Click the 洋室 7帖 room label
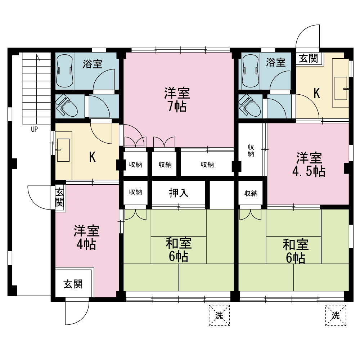pos(177,100)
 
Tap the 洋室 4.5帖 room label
pos(309,165)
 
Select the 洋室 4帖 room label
pos(86,237)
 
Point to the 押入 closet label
pos(179,193)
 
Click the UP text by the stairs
pos(34,129)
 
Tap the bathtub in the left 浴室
pos(65,71)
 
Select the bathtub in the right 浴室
pos(250,71)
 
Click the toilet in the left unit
pos(66,106)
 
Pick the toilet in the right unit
pos(249,106)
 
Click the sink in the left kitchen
pos(63,150)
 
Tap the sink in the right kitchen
pos(341,89)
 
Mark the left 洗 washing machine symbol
pos(219,315)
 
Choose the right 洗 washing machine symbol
pos(336,315)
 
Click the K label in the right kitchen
pos(317,93)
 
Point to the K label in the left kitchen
pos(92,157)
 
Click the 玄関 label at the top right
pos(309,58)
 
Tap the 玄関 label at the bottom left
pos(73,284)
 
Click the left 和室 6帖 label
pos(179,250)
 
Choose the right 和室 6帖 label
pos(296,251)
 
